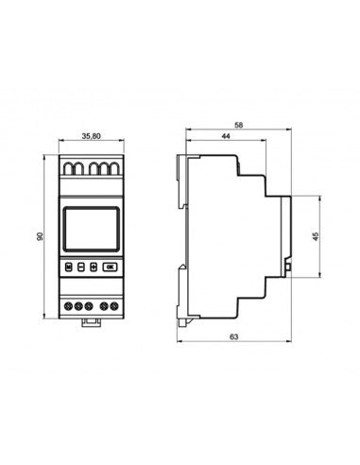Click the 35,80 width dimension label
click(91, 136)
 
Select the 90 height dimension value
click(40, 236)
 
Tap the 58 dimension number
click(239, 125)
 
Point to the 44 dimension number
click(226, 136)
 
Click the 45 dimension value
click(316, 236)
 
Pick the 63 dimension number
click(233, 336)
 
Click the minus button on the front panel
click(81, 267)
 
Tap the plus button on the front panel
click(94, 267)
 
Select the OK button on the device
click(110, 267)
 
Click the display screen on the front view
click(92, 229)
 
